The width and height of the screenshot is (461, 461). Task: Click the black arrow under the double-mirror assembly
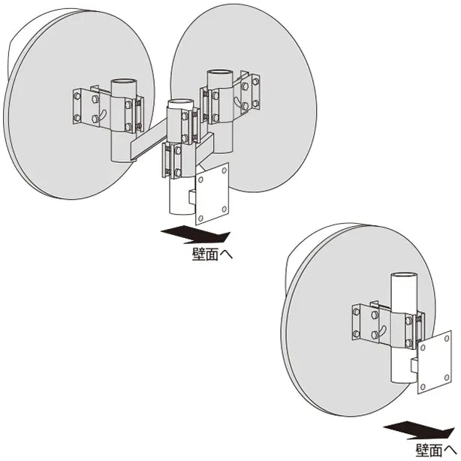click(195, 234)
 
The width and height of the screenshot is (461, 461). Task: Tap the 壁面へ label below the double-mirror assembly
click(212, 255)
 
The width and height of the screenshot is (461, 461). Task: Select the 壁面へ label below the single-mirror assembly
click(435, 450)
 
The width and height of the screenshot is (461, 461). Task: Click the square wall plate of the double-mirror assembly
click(212, 194)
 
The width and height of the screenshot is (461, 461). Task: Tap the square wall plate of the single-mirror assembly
click(435, 362)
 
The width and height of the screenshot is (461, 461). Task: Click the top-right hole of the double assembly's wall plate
click(224, 170)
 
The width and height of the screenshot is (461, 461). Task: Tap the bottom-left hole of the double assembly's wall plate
click(200, 218)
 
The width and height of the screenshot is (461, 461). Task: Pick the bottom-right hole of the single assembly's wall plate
click(447, 378)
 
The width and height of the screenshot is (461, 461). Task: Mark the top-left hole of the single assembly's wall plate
click(423, 348)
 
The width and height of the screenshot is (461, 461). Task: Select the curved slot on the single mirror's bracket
click(382, 330)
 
